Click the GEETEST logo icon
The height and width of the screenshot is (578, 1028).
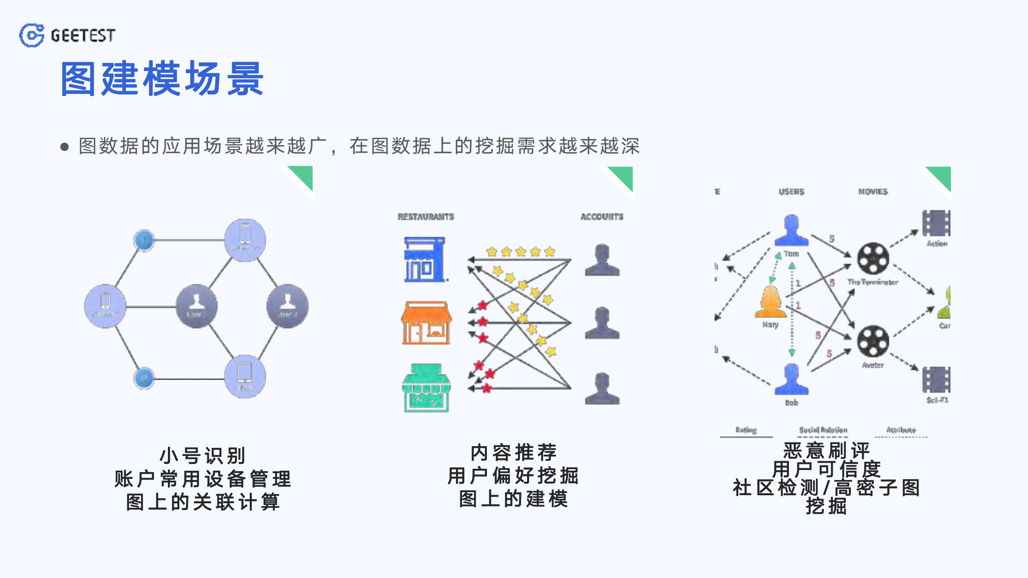(32, 35)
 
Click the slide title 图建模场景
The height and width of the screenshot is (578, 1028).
(162, 79)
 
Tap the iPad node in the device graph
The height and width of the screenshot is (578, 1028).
(245, 376)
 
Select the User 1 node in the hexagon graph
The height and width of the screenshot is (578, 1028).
(196, 306)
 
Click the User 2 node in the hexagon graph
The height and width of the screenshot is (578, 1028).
(288, 306)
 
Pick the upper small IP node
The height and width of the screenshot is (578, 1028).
(144, 240)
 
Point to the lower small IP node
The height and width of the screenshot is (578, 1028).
(144, 378)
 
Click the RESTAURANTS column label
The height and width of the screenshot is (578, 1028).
(426, 217)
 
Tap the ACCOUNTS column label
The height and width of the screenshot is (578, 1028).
(602, 217)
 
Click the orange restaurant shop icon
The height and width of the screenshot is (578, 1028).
(426, 323)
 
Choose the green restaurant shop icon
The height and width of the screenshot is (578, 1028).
(426, 388)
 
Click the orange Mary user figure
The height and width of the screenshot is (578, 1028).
(770, 302)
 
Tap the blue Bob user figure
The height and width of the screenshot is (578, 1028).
(791, 380)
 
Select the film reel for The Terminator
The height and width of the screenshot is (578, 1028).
(873, 259)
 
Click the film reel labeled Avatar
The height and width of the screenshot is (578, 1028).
(873, 341)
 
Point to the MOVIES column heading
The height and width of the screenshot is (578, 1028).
(873, 192)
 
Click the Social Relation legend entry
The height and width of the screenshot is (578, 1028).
(823, 430)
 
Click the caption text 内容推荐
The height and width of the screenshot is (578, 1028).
(514, 453)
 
